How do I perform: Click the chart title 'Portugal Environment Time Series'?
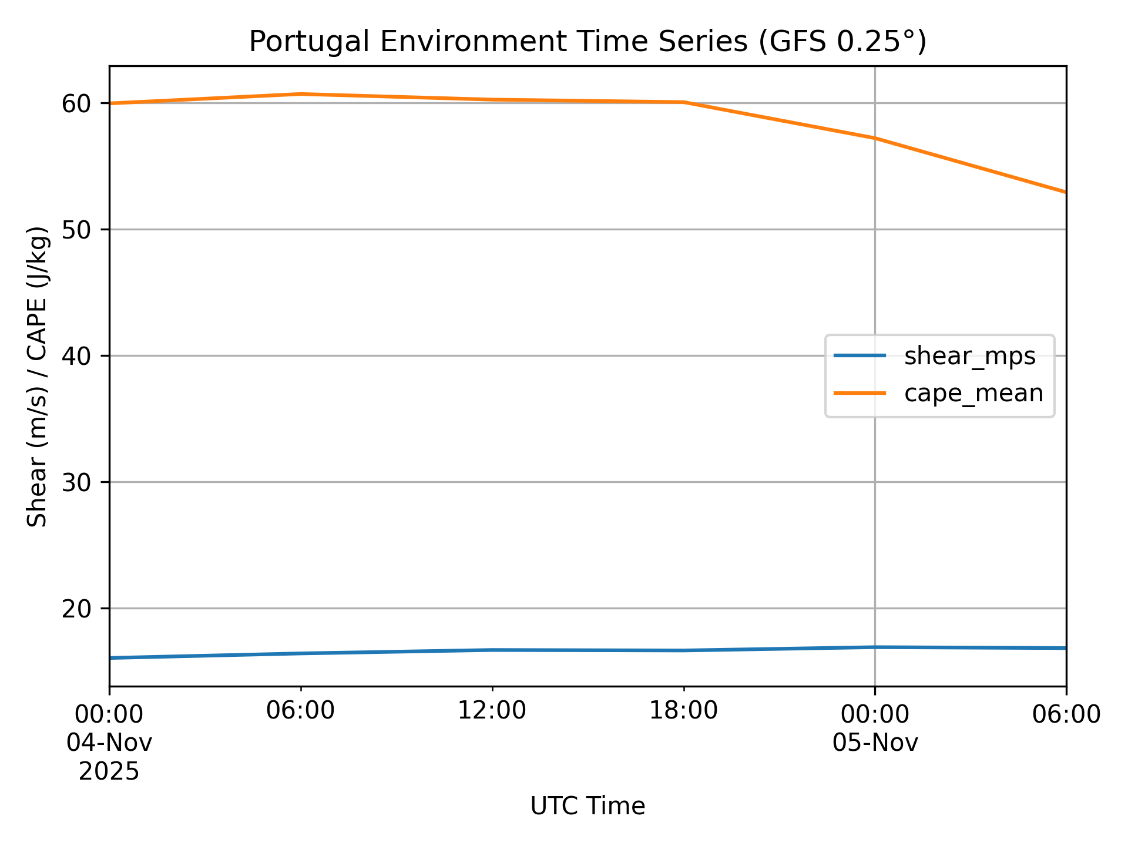(x=587, y=42)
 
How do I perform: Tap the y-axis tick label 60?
(x=77, y=104)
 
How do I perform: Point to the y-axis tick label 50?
(x=77, y=230)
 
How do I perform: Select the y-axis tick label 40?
(x=77, y=356)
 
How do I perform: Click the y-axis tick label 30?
(x=77, y=482)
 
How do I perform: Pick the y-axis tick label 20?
(x=77, y=609)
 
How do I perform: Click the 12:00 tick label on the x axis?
(x=492, y=711)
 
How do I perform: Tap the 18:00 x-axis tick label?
(x=683, y=711)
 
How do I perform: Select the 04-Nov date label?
(x=109, y=743)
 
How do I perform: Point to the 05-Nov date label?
(x=875, y=743)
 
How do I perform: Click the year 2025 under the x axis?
(x=109, y=771)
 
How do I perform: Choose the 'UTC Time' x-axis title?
(x=587, y=807)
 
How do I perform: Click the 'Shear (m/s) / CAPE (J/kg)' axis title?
(x=38, y=376)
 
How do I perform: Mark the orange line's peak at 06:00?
(x=301, y=94)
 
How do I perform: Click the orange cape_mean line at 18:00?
(x=683, y=102)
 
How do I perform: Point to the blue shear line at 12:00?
(x=492, y=650)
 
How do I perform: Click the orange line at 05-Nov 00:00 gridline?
(x=875, y=138)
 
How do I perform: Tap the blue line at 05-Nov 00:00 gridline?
(x=875, y=647)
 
